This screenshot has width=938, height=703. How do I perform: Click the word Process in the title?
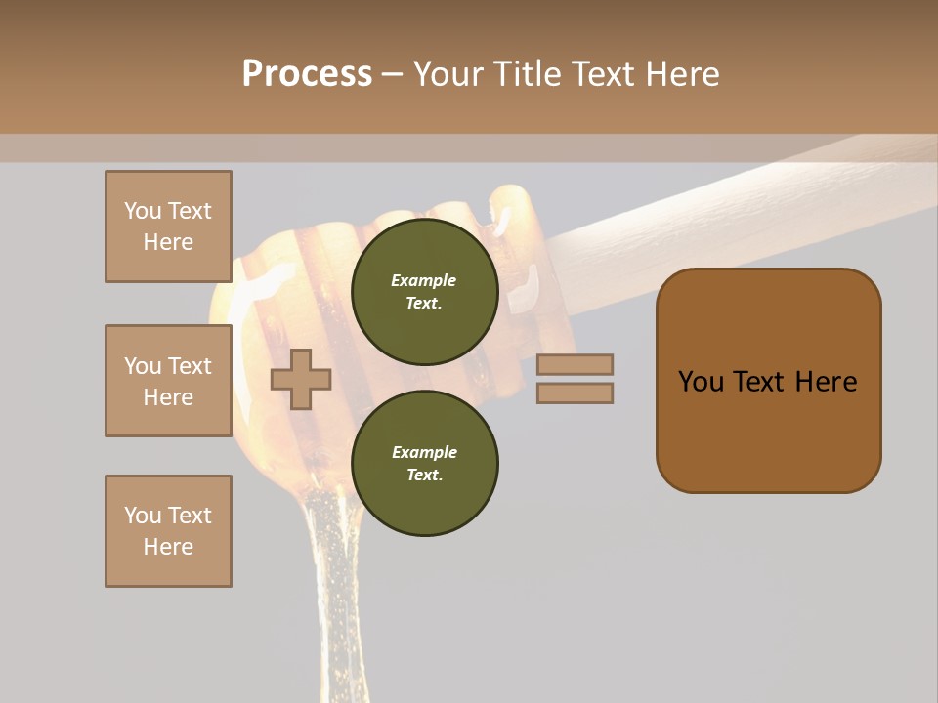click(307, 74)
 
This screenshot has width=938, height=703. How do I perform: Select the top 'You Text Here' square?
click(168, 227)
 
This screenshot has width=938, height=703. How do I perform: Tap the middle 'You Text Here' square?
click(168, 381)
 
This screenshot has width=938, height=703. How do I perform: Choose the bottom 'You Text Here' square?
click(168, 531)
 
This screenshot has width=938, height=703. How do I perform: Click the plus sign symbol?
click(301, 379)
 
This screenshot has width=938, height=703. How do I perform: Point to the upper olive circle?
click(425, 292)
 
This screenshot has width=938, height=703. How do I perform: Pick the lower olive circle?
click(425, 464)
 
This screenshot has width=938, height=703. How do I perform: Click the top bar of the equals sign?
click(575, 364)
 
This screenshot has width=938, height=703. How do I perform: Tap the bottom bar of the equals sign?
click(575, 393)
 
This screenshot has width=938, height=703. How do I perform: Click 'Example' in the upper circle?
click(424, 280)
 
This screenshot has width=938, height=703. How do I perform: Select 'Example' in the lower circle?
click(424, 452)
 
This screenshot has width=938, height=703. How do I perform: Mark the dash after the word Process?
click(392, 74)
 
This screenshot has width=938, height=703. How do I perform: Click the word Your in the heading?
click(450, 74)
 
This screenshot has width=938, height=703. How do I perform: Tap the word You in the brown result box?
click(702, 382)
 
